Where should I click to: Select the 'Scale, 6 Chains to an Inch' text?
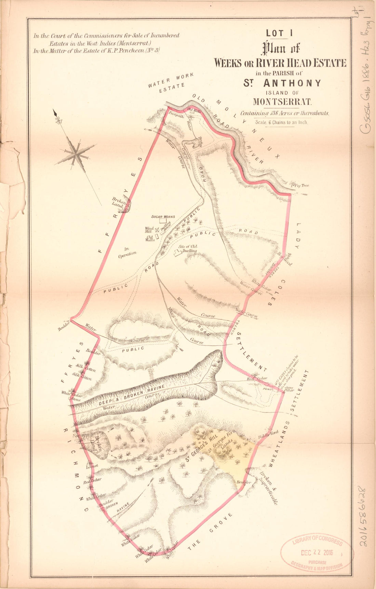281,122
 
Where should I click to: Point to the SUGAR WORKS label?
163,217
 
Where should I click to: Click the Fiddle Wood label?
268,434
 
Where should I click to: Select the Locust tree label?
92,466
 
